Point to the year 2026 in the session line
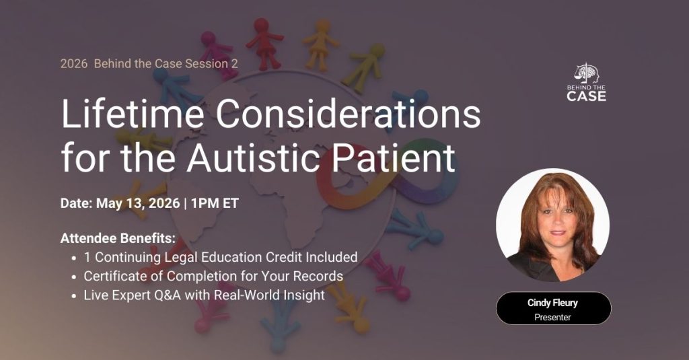(73, 64)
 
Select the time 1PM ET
(216, 203)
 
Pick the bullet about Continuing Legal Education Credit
(220, 257)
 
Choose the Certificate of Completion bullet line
(213, 276)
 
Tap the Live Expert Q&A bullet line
(204, 295)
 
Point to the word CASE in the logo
(586, 96)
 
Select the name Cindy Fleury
(552, 303)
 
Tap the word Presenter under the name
(552, 317)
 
